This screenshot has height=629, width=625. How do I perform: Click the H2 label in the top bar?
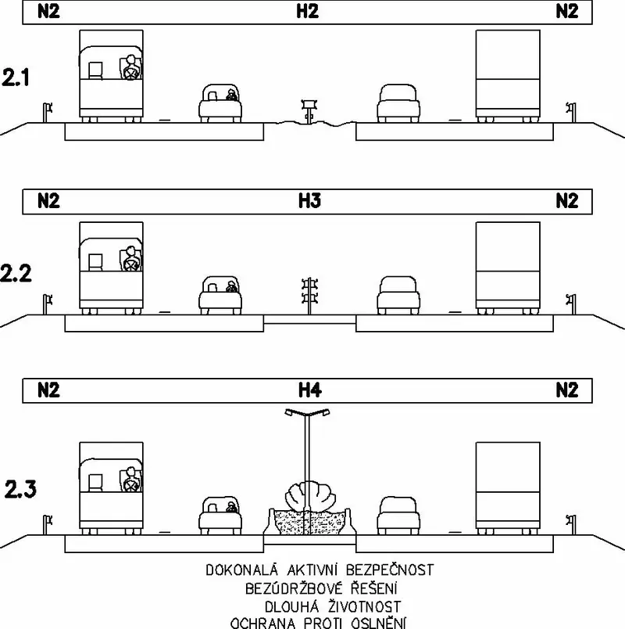(307, 11)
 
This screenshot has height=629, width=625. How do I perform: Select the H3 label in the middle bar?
(309, 200)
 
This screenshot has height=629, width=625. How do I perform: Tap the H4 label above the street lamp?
(309, 390)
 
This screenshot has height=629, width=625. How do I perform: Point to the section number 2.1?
(16, 77)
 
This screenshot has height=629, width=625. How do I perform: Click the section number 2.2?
(16, 273)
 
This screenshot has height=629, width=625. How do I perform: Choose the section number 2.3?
(20, 489)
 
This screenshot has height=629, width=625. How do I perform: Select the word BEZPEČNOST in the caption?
(390, 570)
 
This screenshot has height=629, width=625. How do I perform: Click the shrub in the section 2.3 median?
(309, 498)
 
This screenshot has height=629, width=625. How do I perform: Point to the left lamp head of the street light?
(290, 412)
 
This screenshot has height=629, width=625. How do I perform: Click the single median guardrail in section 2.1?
(309, 111)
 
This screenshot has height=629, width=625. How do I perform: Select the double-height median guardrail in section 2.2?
(309, 296)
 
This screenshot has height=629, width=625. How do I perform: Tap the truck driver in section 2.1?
(130, 67)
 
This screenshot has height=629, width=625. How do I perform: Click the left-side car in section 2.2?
(220, 294)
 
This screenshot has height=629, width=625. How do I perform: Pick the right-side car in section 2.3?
(398, 516)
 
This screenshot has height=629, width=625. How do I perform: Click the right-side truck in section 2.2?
(508, 268)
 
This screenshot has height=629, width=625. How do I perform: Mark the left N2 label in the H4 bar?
(48, 390)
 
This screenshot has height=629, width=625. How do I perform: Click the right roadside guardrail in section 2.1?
(572, 113)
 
